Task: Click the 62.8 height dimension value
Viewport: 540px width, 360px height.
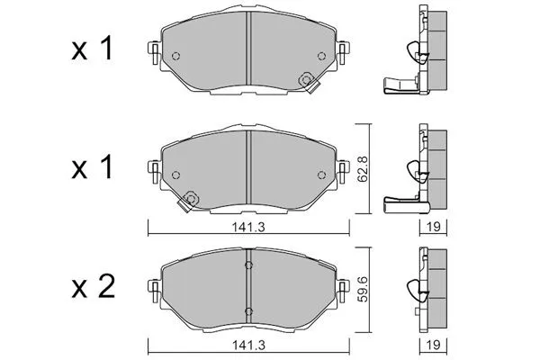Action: [x=363, y=169]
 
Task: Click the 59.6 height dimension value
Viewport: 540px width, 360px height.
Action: [x=363, y=289]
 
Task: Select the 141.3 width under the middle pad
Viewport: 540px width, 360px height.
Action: [x=248, y=227]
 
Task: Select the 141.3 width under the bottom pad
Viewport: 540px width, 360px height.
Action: [x=248, y=345]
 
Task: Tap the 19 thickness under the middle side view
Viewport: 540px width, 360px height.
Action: [x=433, y=227]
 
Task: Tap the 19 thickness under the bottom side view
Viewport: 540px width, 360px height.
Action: [x=433, y=345]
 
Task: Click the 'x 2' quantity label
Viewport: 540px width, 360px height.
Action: [x=93, y=289]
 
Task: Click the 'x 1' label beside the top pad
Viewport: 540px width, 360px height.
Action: [x=93, y=49]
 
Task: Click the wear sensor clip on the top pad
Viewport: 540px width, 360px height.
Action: [x=308, y=82]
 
